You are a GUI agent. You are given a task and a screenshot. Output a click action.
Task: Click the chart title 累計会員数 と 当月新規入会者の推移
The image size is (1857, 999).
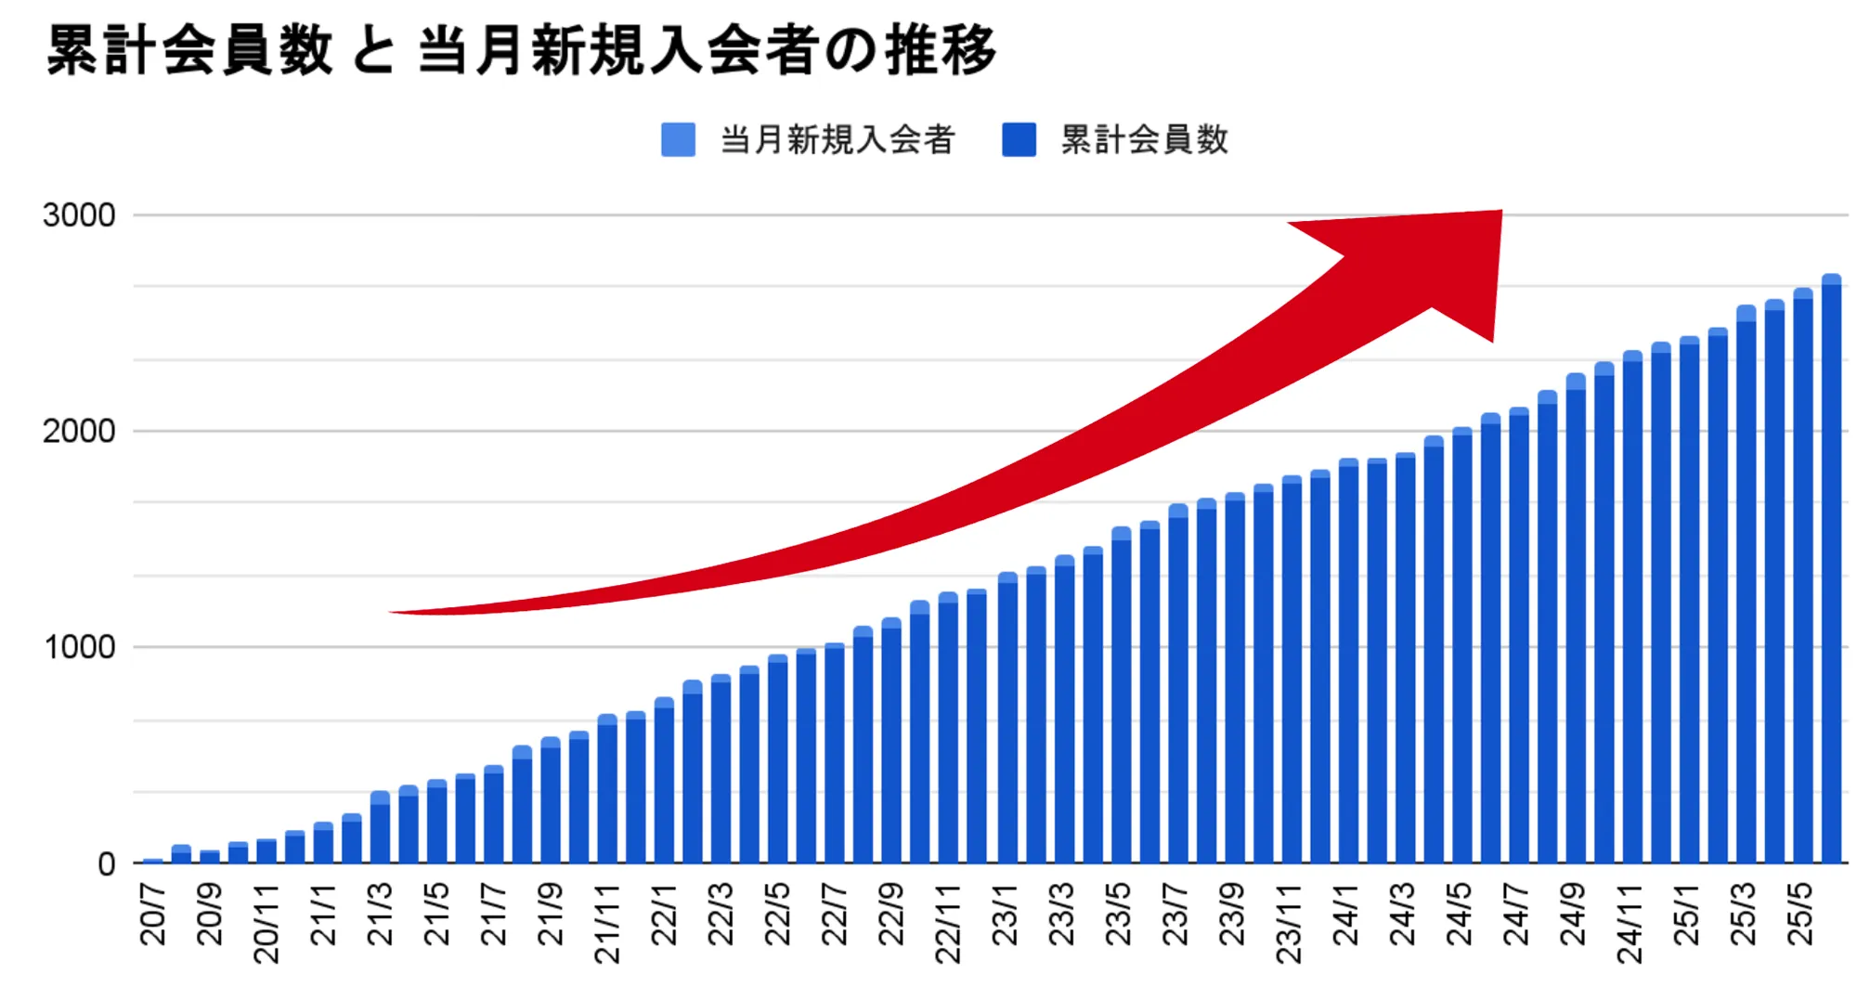(x=521, y=50)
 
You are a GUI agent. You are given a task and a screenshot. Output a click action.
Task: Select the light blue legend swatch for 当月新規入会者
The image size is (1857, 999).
(x=678, y=140)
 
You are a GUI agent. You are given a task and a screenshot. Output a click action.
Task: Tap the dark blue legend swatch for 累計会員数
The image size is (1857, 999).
(x=1019, y=140)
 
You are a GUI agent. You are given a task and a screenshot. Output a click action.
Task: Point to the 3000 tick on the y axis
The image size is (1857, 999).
(x=79, y=215)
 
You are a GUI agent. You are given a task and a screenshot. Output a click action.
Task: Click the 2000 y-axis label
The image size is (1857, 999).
(x=79, y=432)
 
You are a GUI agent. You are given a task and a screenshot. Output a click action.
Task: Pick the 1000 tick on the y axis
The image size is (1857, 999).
(x=79, y=647)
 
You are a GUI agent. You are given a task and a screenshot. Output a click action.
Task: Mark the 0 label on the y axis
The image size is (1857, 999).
(x=106, y=864)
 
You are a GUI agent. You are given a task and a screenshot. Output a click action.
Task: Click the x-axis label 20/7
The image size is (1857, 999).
(x=153, y=915)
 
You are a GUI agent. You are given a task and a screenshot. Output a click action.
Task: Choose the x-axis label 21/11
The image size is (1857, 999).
(x=607, y=923)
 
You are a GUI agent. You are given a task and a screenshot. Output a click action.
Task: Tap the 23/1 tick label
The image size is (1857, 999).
(x=1006, y=915)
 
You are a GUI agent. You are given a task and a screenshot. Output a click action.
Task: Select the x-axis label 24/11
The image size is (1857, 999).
(x=1630, y=923)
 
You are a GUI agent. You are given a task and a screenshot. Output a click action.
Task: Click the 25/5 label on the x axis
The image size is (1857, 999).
(x=1801, y=915)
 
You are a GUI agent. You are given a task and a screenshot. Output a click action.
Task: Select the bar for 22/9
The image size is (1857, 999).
(x=891, y=743)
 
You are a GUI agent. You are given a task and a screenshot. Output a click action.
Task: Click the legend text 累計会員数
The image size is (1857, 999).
(x=1145, y=140)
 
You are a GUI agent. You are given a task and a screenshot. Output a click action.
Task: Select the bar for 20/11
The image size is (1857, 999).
(x=266, y=851)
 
